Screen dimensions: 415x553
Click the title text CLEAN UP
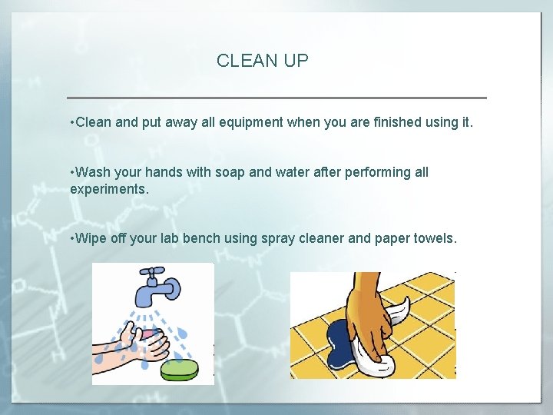pyautogui.click(x=262, y=61)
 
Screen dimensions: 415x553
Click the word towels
pyautogui.click(x=435, y=238)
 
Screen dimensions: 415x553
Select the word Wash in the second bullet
pyautogui.click(x=94, y=172)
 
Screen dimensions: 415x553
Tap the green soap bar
pyautogui.click(x=179, y=370)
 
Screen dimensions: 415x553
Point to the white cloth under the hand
pyautogui.click(x=384, y=361)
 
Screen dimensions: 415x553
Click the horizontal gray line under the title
pyautogui.click(x=276, y=98)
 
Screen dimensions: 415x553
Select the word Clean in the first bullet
pyautogui.click(x=94, y=122)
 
